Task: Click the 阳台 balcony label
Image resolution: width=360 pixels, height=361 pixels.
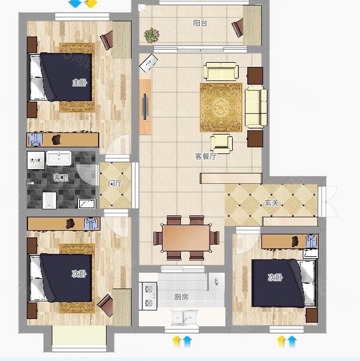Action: pyautogui.click(x=200, y=23)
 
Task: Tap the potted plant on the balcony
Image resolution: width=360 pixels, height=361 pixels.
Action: pyautogui.click(x=152, y=35)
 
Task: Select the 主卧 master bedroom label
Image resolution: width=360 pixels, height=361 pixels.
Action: pyautogui.click(x=79, y=82)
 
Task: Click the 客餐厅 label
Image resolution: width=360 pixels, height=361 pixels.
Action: pyautogui.click(x=205, y=156)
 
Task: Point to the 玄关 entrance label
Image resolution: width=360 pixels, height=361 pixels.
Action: pyautogui.click(x=272, y=203)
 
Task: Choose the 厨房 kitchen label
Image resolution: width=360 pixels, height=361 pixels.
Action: pyautogui.click(x=182, y=296)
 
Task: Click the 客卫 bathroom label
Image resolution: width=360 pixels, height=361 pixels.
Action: pyautogui.click(x=60, y=178)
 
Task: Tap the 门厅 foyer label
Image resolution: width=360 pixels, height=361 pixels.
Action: pyautogui.click(x=115, y=183)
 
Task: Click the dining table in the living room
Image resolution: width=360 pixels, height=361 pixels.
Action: pyautogui.click(x=186, y=238)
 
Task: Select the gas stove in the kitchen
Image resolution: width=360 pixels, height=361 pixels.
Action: pyautogui.click(x=149, y=296)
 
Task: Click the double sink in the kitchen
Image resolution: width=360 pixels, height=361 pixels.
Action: pyautogui.click(x=185, y=318)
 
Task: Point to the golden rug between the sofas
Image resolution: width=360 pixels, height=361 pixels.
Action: pyautogui.click(x=221, y=107)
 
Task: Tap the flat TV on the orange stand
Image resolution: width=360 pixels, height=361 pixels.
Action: pyautogui.click(x=145, y=107)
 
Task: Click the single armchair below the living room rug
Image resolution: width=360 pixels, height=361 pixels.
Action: pyautogui.click(x=221, y=144)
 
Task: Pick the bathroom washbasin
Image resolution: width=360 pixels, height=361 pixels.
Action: pyautogui.click(x=58, y=158)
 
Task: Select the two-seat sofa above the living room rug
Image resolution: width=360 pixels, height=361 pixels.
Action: pyautogui.click(x=221, y=71)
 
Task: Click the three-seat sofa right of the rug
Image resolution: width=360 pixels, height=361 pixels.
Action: pyautogui.click(x=256, y=107)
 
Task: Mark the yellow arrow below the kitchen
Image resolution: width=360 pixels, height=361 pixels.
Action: pyautogui.click(x=177, y=342)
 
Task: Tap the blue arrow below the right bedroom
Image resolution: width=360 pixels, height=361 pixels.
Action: pyautogui.click(x=292, y=342)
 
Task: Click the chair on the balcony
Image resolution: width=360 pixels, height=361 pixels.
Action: pyautogui.click(x=238, y=27)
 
